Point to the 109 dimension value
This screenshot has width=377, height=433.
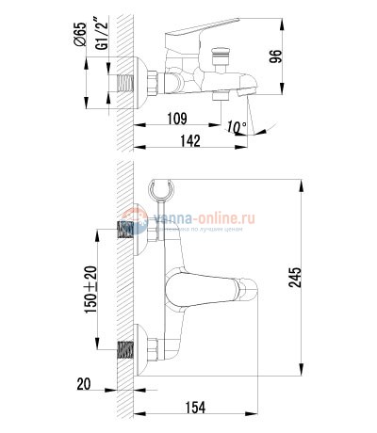tap(175, 118)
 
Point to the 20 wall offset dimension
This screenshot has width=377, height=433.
tap(84, 384)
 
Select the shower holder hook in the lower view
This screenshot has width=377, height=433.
tap(162, 193)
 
